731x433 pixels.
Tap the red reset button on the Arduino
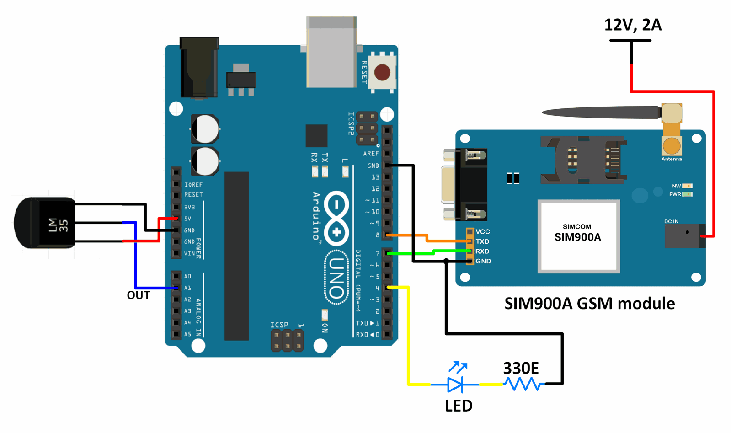coord(382,72)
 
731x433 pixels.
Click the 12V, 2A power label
coord(632,25)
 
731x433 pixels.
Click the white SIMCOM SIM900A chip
coord(578,236)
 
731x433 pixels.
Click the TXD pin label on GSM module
coord(482,241)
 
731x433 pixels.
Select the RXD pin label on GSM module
coord(482,251)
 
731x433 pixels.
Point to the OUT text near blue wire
coord(138,295)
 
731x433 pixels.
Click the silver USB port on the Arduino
coord(331,53)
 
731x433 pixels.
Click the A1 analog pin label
coord(187,288)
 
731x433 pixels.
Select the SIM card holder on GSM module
coord(583,160)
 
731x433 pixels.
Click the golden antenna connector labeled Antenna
coord(671,145)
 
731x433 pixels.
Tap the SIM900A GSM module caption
coord(589,304)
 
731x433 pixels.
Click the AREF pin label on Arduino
coord(371,154)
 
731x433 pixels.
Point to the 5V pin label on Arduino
coord(187,219)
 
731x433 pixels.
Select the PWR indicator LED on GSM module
coord(687,194)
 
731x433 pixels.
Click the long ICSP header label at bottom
coord(279,325)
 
